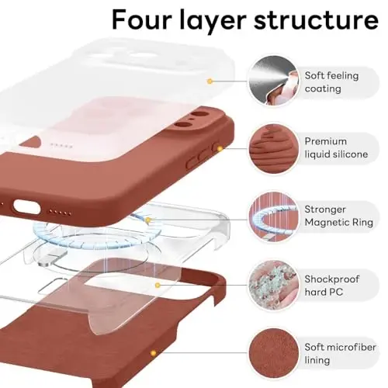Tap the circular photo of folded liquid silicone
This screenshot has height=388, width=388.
point(272,147)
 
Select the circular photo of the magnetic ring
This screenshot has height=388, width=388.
point(272,213)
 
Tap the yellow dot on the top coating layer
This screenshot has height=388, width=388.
point(210,80)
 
